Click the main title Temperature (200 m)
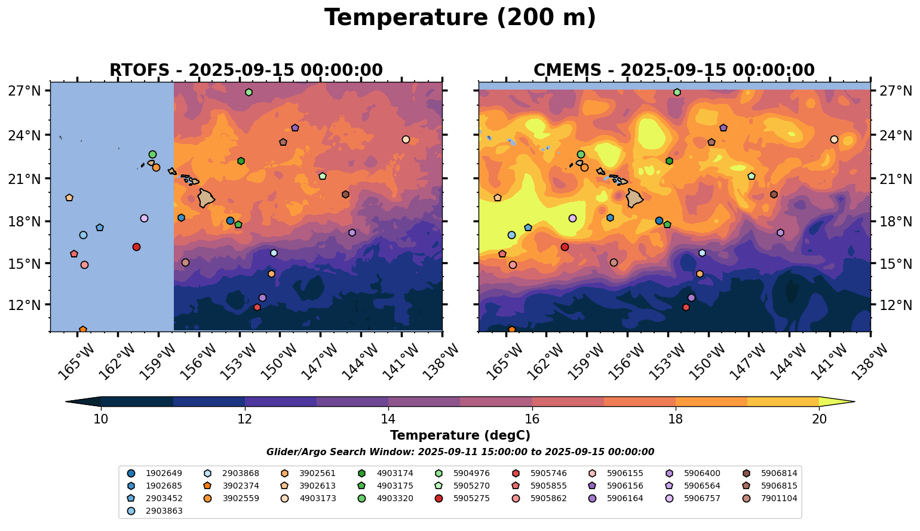coord(460,18)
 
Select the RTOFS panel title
coord(246,70)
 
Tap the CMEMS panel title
coord(674,70)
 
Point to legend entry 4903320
coord(394,498)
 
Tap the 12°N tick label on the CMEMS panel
coord(894,305)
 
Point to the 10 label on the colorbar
coord(101,419)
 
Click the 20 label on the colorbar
coord(819,419)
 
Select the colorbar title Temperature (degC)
coord(460,435)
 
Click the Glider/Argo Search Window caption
coord(460,452)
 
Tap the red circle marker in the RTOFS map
coord(136,247)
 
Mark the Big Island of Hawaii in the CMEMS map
coord(634,198)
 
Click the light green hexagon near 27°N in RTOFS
coord(249,92)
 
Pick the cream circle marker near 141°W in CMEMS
coord(834,139)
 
